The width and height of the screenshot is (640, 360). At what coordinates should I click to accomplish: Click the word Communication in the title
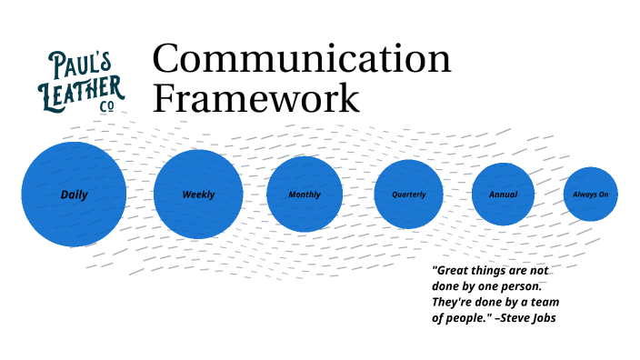[301, 61]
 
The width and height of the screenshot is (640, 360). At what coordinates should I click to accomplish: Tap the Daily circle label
[74, 195]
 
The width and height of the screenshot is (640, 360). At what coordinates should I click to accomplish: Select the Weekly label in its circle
[198, 195]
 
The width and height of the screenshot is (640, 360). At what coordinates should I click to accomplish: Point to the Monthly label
[305, 195]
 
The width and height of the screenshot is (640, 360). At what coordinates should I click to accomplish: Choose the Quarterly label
[408, 195]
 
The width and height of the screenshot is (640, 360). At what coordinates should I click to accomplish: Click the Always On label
[591, 195]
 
